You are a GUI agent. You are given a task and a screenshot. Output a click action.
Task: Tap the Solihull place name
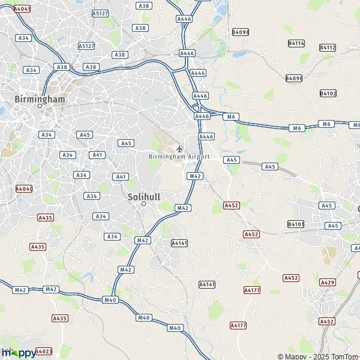tap(143, 196)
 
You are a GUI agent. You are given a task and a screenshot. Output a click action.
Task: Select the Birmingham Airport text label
tap(179, 157)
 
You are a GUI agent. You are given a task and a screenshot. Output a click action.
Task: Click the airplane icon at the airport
tap(179, 148)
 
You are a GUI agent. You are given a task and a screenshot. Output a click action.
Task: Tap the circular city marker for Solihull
tap(143, 204)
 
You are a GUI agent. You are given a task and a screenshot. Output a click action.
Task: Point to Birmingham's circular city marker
tap(40, 106)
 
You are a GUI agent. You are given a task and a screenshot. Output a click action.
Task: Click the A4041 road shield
tap(22, 9)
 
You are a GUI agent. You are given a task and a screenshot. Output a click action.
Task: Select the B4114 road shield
tap(296, 43)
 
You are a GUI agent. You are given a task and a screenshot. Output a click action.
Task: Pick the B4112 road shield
tap(328, 47)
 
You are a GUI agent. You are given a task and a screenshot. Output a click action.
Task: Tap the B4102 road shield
tap(328, 93)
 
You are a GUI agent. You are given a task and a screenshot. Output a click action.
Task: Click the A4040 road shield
tap(24, 188)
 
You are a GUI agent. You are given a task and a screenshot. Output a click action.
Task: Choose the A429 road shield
tap(328, 282)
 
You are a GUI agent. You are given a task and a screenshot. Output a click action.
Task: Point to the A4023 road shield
tap(44, 352)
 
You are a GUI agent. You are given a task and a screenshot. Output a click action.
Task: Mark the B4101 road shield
tap(296, 224)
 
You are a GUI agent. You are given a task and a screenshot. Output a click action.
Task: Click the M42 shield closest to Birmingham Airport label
tap(194, 176)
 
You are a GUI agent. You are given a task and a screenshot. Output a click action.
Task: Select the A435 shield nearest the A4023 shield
tap(60, 318)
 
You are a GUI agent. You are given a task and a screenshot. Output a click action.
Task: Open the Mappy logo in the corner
tap(18, 353)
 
